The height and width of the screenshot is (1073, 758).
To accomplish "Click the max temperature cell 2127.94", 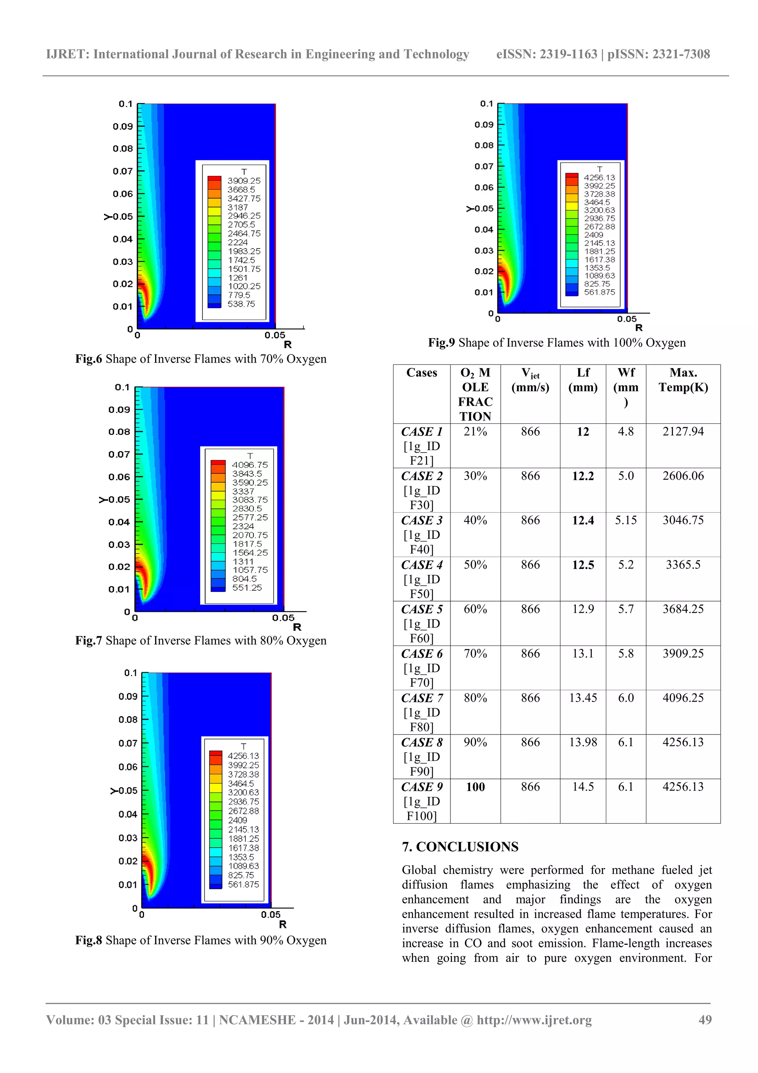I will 683,431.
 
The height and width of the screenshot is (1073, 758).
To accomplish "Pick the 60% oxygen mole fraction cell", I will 475,609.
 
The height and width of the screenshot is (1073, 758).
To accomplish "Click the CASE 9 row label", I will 422,787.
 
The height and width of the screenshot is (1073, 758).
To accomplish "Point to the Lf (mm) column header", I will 583,380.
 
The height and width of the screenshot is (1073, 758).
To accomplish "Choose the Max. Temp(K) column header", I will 683,380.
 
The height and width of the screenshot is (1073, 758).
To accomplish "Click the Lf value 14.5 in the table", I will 583,787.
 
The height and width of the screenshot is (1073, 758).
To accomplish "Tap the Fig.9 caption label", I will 441,343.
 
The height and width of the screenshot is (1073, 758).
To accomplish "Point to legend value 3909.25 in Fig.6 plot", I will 244,181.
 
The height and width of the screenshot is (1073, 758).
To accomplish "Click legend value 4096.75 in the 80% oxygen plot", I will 250,465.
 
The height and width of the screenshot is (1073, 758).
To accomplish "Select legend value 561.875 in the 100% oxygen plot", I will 599,292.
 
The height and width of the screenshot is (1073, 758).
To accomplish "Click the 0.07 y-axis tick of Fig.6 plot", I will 123,171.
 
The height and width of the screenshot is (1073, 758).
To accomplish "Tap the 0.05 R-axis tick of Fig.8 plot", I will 271,914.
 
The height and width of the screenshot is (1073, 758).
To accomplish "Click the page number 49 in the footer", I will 705,1020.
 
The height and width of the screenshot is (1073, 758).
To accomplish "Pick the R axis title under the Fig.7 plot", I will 297,627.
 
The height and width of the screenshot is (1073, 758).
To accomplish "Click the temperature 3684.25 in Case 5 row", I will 683,609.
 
